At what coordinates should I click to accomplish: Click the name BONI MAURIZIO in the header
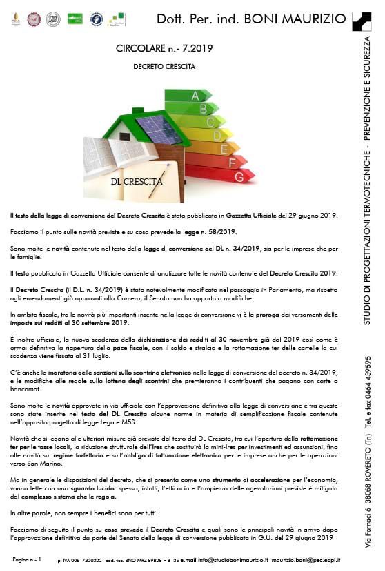coord(303,19)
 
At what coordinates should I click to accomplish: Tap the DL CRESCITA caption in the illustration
coord(137,182)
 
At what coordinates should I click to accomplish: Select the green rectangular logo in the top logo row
coord(74,19)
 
